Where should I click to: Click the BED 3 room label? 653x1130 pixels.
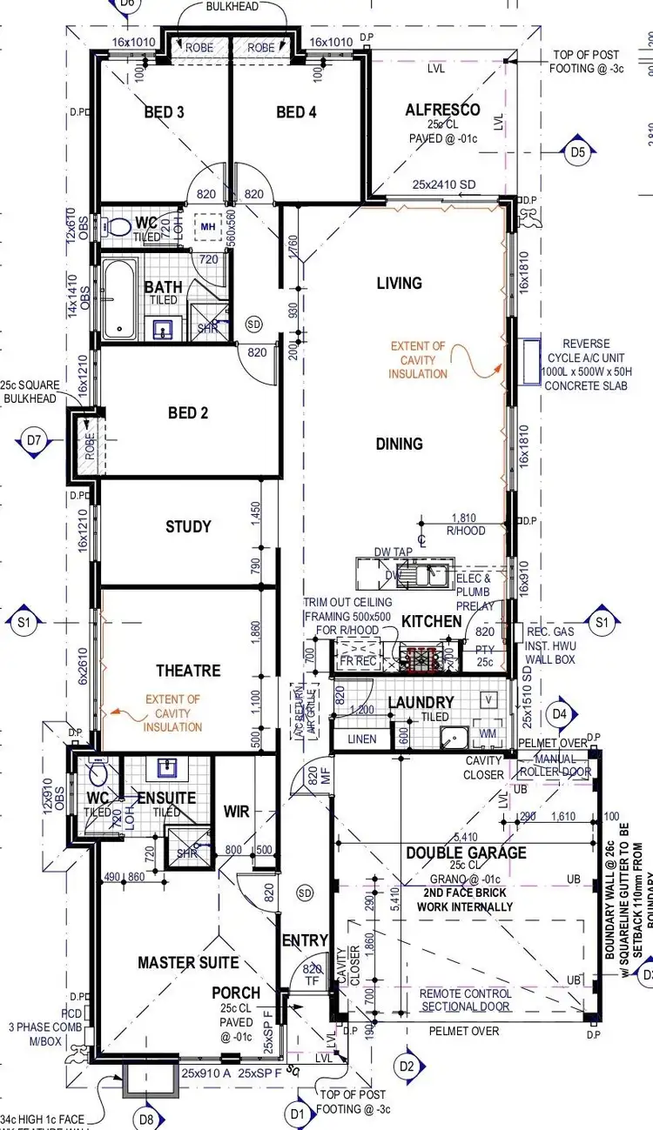coord(164,112)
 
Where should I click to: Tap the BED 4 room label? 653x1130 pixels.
coord(296,112)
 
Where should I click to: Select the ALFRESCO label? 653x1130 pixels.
coord(442,110)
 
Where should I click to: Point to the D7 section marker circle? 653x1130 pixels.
coord(34,440)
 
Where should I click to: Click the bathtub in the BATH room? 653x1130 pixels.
coord(118,301)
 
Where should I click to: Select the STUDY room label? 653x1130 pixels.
coord(188,526)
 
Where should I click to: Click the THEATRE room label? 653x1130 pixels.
coord(188,671)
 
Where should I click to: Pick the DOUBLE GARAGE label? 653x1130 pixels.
coord(466,853)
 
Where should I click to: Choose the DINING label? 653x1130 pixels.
coord(400,444)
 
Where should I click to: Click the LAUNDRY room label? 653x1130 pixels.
coord(421,702)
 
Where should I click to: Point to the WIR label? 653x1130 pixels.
coord(236,812)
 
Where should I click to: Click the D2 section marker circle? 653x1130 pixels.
coord(406,1066)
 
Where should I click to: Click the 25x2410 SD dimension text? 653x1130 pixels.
coord(444,185)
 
